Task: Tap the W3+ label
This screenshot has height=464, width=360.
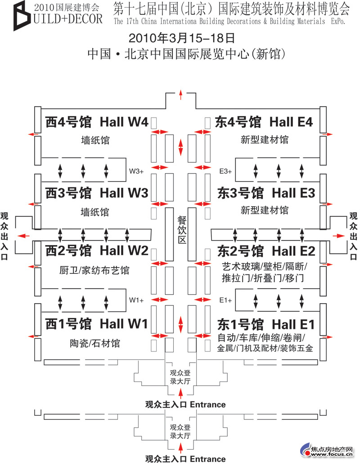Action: (136, 171)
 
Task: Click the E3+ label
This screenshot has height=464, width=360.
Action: (225, 171)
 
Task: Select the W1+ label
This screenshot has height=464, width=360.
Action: (136, 300)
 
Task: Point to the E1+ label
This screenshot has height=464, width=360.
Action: (225, 300)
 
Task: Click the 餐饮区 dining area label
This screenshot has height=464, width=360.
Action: (182, 229)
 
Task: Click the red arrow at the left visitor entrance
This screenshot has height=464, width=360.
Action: (24, 236)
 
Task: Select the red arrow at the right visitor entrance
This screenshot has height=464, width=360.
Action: (339, 236)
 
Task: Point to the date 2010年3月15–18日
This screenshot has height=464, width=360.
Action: (182, 38)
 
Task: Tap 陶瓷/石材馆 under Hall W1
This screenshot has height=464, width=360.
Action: (95, 343)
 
